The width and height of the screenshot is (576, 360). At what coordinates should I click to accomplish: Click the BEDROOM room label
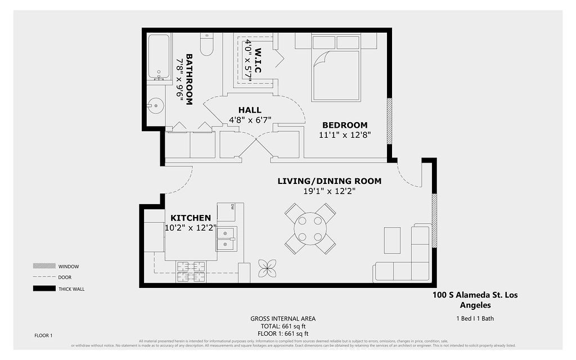pyautogui.click(x=344, y=125)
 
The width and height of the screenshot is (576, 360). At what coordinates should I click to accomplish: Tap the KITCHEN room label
pyautogui.click(x=191, y=218)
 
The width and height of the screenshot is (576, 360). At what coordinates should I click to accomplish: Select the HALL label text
pyautogui.click(x=250, y=110)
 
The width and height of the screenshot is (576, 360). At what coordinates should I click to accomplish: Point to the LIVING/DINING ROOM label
pyautogui.click(x=329, y=181)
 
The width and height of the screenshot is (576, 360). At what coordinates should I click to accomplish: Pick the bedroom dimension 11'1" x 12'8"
pyautogui.click(x=344, y=135)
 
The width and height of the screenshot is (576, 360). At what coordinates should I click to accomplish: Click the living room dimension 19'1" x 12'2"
pyautogui.click(x=329, y=191)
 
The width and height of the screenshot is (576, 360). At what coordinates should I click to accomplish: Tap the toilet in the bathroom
pyautogui.click(x=207, y=45)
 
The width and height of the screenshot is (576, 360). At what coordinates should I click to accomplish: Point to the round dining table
pyautogui.click(x=310, y=228)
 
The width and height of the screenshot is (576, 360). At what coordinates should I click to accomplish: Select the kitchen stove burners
pyautogui.click(x=191, y=272)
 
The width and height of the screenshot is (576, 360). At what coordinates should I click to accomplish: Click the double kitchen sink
pyautogui.click(x=227, y=238)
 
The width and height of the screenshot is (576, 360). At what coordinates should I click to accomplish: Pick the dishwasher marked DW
pyautogui.click(x=226, y=212)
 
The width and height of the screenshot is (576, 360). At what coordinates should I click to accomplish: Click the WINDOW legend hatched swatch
pyautogui.click(x=43, y=266)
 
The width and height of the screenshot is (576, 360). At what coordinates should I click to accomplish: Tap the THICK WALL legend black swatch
pyautogui.click(x=43, y=289)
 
